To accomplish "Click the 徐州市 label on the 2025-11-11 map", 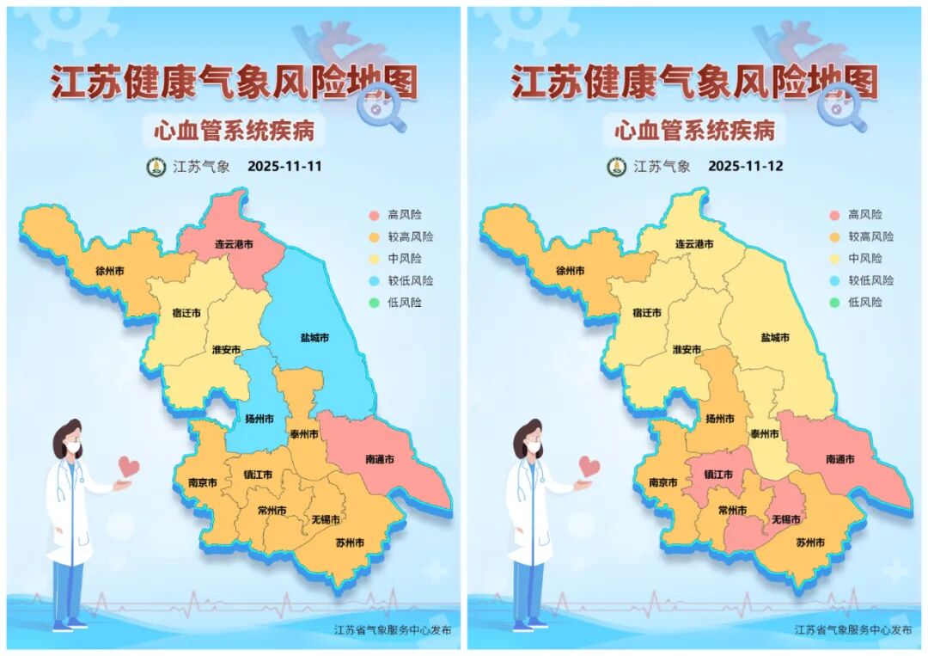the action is pyautogui.click(x=110, y=271).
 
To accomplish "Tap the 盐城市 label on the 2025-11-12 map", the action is pyautogui.click(x=775, y=339).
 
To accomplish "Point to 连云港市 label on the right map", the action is pyautogui.click(x=694, y=245).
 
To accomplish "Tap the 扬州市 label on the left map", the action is pyautogui.click(x=259, y=420).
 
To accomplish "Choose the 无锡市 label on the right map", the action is pyautogui.click(x=785, y=520).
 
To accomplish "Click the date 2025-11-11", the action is pyautogui.click(x=284, y=167).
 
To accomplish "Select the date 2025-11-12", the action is pyautogui.click(x=745, y=167).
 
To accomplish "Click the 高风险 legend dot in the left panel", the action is pyautogui.click(x=375, y=215).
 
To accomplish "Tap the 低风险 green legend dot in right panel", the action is pyautogui.click(x=835, y=303).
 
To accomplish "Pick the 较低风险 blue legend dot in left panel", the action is pyautogui.click(x=375, y=281).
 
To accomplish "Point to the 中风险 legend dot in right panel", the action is pyautogui.click(x=835, y=259).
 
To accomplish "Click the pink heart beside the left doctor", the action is pyautogui.click(x=129, y=467).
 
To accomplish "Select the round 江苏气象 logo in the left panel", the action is pyautogui.click(x=156, y=167).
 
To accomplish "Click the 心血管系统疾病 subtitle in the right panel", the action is pyautogui.click(x=694, y=131).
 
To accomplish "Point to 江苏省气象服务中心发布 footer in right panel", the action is pyautogui.click(x=853, y=630).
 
